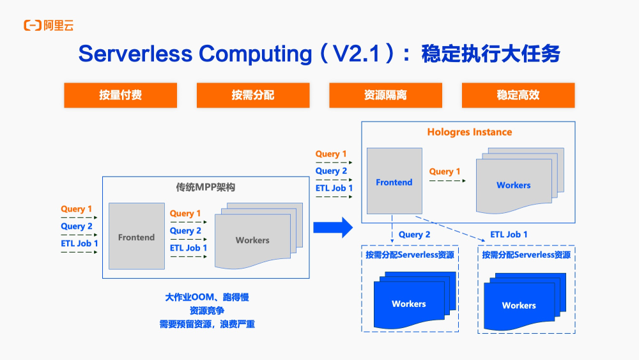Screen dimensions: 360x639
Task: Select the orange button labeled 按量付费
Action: (x=120, y=95)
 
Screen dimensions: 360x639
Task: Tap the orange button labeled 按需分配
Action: (x=253, y=95)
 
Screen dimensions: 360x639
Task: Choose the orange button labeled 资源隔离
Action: (x=385, y=95)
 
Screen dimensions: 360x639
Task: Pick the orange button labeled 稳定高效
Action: (x=518, y=95)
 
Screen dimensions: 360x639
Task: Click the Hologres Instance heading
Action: (x=469, y=132)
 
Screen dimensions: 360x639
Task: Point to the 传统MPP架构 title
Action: (x=206, y=188)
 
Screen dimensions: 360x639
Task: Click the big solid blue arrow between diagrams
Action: (x=332, y=227)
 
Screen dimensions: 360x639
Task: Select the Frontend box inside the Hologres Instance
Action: (x=394, y=182)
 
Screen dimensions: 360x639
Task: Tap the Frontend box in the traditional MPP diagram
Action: (x=136, y=237)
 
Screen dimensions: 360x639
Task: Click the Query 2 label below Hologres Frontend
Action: (x=415, y=235)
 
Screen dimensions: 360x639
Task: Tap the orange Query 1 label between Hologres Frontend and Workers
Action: (x=445, y=171)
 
